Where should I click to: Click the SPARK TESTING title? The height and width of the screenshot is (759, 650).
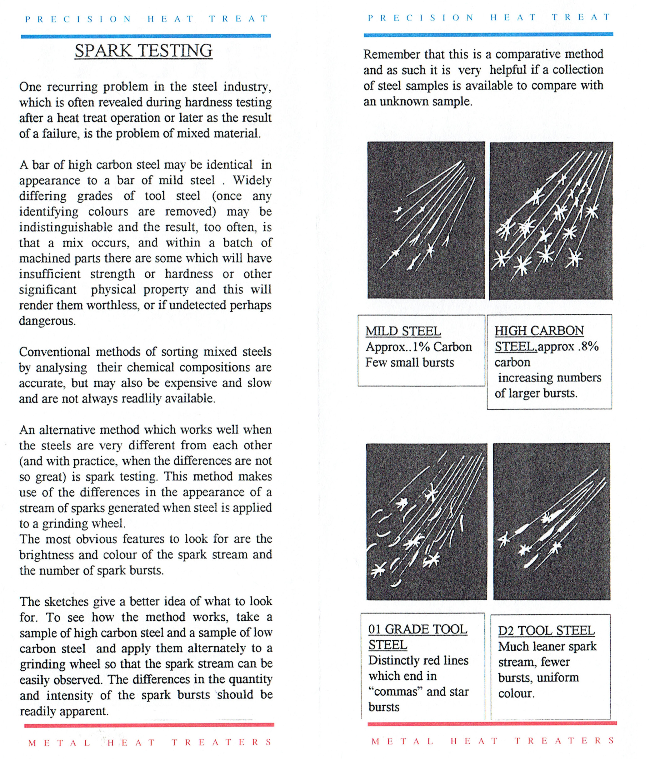[143, 51]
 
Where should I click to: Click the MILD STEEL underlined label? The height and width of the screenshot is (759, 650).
[403, 331]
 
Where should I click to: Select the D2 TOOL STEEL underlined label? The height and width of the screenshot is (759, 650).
[546, 630]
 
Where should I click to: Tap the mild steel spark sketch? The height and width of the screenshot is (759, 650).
[426, 220]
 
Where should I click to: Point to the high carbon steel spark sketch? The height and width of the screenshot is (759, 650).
[551, 220]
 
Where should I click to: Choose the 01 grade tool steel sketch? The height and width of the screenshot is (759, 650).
[426, 521]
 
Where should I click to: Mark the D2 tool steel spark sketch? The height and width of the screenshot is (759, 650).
[551, 521]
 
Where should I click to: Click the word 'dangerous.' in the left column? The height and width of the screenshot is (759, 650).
[47, 321]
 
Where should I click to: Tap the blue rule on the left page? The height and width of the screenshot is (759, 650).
[146, 36]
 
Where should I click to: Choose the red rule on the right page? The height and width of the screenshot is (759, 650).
[492, 723]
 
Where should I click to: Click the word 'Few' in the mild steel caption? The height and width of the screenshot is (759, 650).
[374, 363]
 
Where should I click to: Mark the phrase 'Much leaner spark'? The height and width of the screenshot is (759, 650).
[547, 647]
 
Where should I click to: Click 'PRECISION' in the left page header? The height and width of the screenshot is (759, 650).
[78, 19]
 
